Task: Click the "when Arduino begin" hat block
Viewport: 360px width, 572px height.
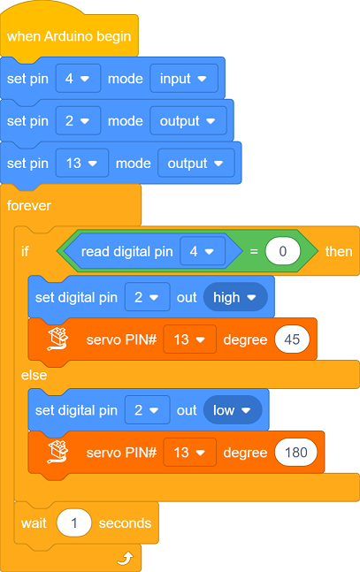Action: click(x=69, y=35)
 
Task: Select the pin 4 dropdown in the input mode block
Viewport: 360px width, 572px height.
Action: click(x=78, y=79)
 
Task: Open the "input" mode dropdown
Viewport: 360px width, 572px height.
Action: click(x=184, y=79)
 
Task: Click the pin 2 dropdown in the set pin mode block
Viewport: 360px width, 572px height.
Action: click(x=78, y=121)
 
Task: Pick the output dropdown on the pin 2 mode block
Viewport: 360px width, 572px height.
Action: click(x=188, y=121)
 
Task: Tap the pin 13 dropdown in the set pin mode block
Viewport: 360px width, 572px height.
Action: click(x=82, y=163)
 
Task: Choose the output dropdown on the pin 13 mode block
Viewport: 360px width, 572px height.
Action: click(x=196, y=163)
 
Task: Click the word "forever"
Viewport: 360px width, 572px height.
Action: click(x=29, y=206)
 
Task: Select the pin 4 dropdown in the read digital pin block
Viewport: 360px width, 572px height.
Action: click(x=203, y=251)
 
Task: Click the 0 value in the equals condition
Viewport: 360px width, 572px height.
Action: click(x=283, y=251)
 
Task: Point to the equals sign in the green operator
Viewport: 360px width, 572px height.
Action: click(x=254, y=251)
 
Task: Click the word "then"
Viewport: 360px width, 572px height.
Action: click(x=339, y=252)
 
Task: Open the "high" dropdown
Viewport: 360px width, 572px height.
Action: click(x=235, y=297)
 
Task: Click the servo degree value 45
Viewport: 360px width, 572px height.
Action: click(x=292, y=339)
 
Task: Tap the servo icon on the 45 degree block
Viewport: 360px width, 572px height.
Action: click(x=57, y=339)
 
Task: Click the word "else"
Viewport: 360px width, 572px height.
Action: click(x=34, y=375)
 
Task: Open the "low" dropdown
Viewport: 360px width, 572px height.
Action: click(x=233, y=410)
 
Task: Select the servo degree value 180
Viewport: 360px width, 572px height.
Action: click(x=296, y=453)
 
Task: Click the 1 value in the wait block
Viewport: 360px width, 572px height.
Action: click(x=74, y=523)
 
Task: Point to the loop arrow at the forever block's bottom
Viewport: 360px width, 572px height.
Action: click(x=126, y=558)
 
